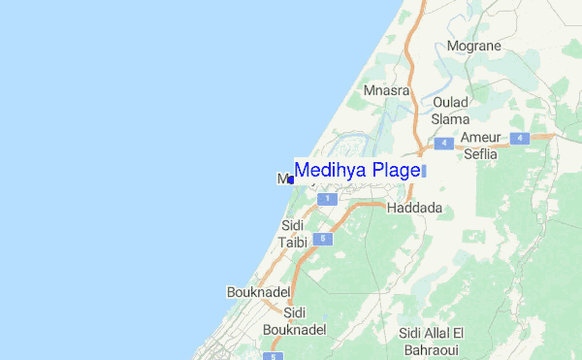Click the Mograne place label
(472, 45)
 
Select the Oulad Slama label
(450, 110)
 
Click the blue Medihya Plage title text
(357, 170)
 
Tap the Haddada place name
(414, 208)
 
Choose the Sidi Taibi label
(292, 234)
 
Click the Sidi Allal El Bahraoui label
(433, 341)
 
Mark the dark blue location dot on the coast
(291, 180)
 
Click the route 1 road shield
(328, 198)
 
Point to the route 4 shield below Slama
(444, 143)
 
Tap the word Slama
(450, 118)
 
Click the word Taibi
(292, 243)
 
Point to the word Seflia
(479, 154)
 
